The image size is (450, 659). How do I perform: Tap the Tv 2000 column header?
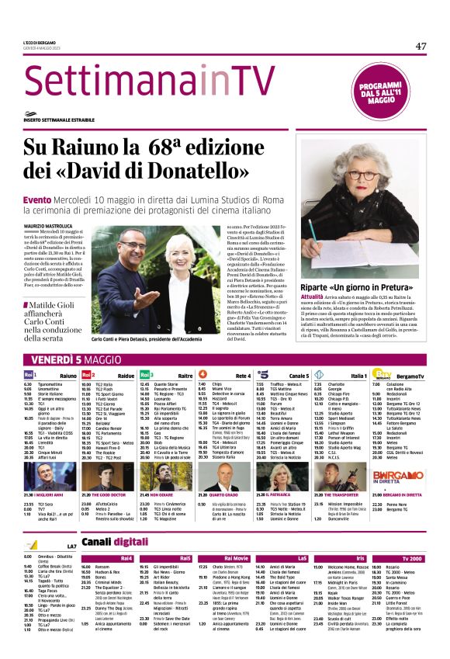coord(413,558)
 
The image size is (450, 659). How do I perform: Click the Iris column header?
coord(360,558)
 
